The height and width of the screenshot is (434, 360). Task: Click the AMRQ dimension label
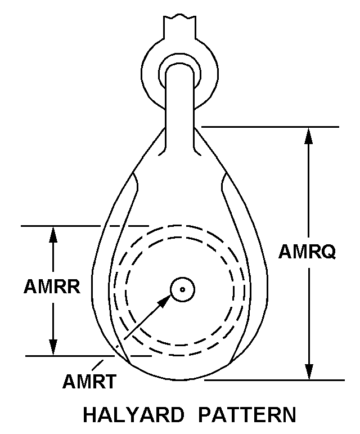(x=307, y=252)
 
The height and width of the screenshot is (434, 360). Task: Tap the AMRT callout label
(x=89, y=382)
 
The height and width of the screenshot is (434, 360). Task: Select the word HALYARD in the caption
(x=133, y=415)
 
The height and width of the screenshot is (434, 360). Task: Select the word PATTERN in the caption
(x=247, y=415)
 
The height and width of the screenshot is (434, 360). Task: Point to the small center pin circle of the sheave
(x=182, y=290)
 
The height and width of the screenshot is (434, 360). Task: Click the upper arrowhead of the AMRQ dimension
(x=308, y=136)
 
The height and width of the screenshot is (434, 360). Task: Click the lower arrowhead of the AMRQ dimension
(x=308, y=372)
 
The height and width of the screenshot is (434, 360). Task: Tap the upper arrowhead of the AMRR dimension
(x=53, y=234)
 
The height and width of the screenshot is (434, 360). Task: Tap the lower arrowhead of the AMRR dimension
(x=53, y=348)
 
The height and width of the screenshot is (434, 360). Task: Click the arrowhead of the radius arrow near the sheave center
(x=164, y=302)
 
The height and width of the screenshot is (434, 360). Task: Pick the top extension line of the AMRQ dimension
(x=270, y=127)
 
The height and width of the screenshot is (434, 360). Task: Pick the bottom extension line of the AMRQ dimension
(x=276, y=380)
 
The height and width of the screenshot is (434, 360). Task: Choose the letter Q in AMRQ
(x=328, y=252)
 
